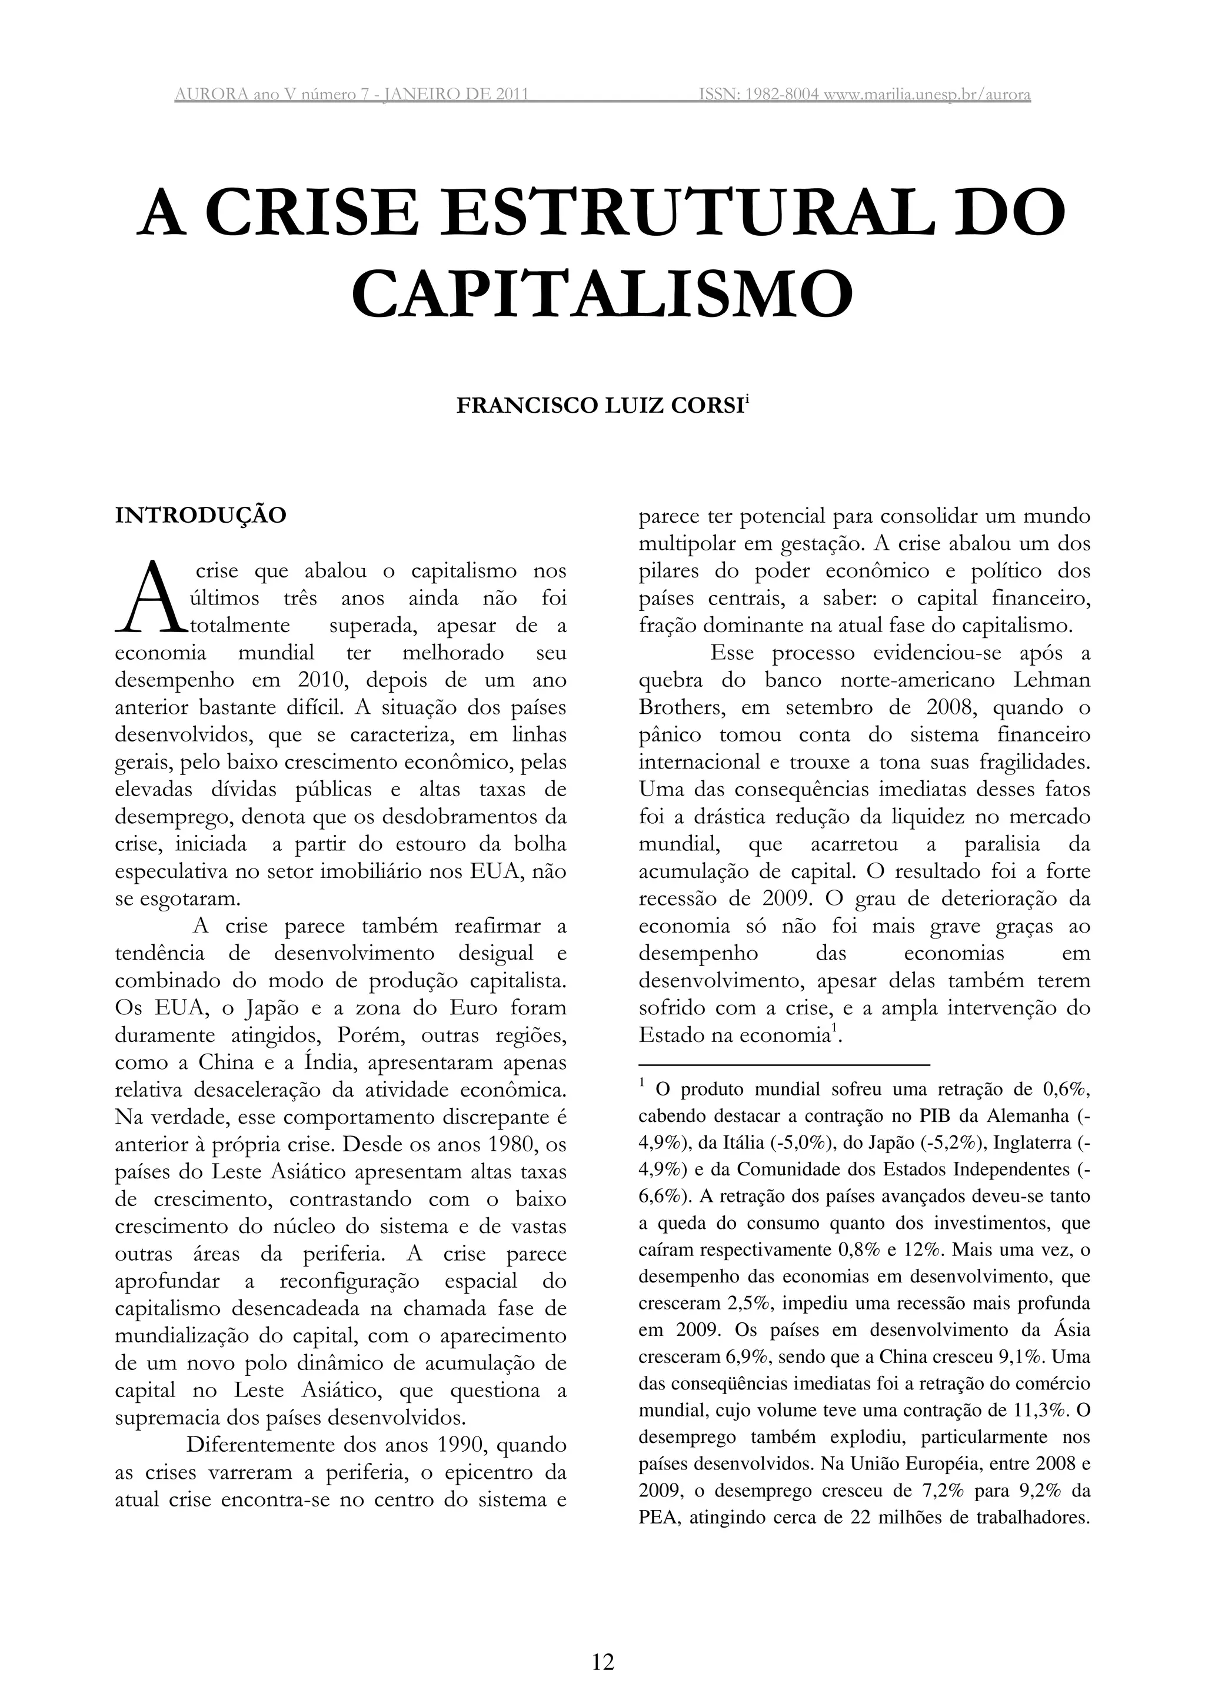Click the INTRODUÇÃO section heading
coord(201,515)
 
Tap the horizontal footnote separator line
coord(784,1065)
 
